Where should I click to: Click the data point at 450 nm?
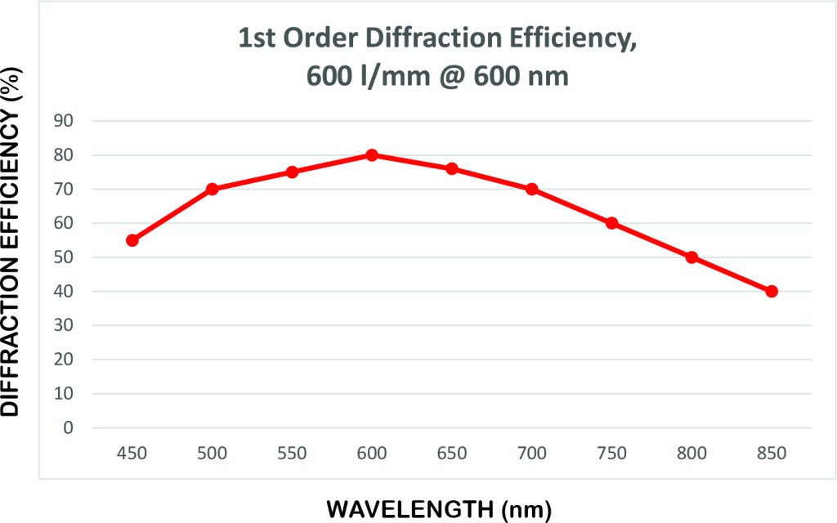132,240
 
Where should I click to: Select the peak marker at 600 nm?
372,155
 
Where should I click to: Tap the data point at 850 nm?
772,292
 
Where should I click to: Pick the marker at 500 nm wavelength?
213,189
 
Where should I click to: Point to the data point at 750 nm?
611,223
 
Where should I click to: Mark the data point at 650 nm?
452,168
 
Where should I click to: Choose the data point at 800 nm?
692,257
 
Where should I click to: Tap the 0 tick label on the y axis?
69,427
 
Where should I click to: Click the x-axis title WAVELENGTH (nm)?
439,509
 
